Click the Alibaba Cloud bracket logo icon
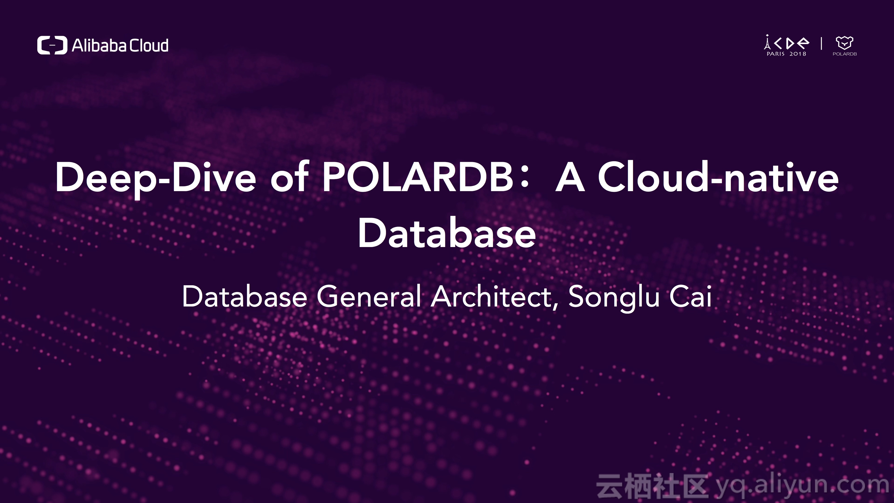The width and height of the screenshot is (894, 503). click(52, 45)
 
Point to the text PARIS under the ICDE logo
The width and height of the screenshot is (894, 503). click(776, 54)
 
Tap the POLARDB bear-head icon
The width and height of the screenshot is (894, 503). click(844, 43)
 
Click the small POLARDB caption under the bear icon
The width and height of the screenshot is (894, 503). click(845, 54)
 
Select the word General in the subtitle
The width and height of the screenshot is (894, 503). click(369, 297)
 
